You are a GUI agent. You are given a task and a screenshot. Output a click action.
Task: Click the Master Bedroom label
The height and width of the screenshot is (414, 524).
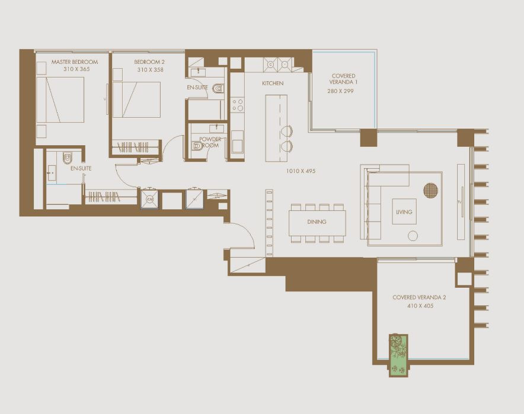(x=75, y=62)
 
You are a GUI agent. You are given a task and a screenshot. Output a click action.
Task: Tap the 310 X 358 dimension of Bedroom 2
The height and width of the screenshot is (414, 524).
(x=151, y=70)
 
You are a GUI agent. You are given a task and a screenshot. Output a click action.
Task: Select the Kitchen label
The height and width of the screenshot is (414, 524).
(x=273, y=83)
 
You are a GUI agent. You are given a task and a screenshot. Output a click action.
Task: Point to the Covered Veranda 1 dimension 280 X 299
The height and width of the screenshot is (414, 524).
(x=340, y=91)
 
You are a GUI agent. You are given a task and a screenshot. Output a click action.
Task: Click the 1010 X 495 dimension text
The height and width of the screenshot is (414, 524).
(x=301, y=171)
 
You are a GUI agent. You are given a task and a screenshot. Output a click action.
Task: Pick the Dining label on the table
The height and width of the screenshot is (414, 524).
(x=317, y=222)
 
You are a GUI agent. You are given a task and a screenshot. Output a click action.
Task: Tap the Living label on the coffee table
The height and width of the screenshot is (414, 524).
(x=404, y=211)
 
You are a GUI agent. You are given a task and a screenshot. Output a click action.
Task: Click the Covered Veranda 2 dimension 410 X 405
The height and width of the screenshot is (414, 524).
(x=420, y=306)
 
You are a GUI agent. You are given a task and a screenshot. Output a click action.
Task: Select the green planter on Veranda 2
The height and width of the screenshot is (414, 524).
(x=398, y=355)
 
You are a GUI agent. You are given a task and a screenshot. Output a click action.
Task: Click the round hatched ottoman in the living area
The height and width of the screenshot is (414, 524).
(x=430, y=190)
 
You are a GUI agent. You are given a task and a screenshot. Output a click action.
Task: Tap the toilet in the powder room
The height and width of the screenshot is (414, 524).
(x=197, y=146)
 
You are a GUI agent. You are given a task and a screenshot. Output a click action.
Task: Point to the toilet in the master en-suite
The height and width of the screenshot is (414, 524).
(x=68, y=158)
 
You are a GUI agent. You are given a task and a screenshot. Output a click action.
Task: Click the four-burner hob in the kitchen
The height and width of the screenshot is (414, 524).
(x=237, y=105)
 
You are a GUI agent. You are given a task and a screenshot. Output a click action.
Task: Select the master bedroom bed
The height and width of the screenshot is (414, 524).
(x=60, y=100)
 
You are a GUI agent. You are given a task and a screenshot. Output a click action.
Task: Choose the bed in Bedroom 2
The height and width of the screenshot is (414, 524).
(x=136, y=100)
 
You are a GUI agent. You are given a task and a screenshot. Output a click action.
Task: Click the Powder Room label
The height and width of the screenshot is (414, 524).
(x=210, y=142)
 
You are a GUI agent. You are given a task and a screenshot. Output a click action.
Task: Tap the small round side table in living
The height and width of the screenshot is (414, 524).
(x=413, y=236)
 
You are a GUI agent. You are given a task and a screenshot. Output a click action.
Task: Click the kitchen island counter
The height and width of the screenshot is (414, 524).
(x=276, y=128)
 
